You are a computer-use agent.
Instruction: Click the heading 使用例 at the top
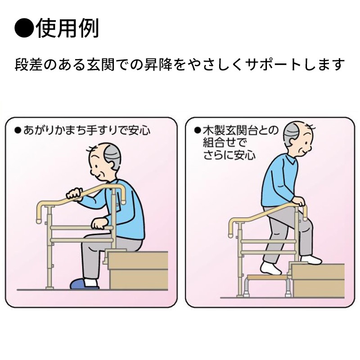67,28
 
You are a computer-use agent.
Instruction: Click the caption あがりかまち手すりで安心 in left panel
85,131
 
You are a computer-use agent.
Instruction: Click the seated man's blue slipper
84,284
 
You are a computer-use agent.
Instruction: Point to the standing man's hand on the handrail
298,203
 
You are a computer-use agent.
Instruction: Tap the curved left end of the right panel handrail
231,227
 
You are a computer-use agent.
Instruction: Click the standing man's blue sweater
277,180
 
